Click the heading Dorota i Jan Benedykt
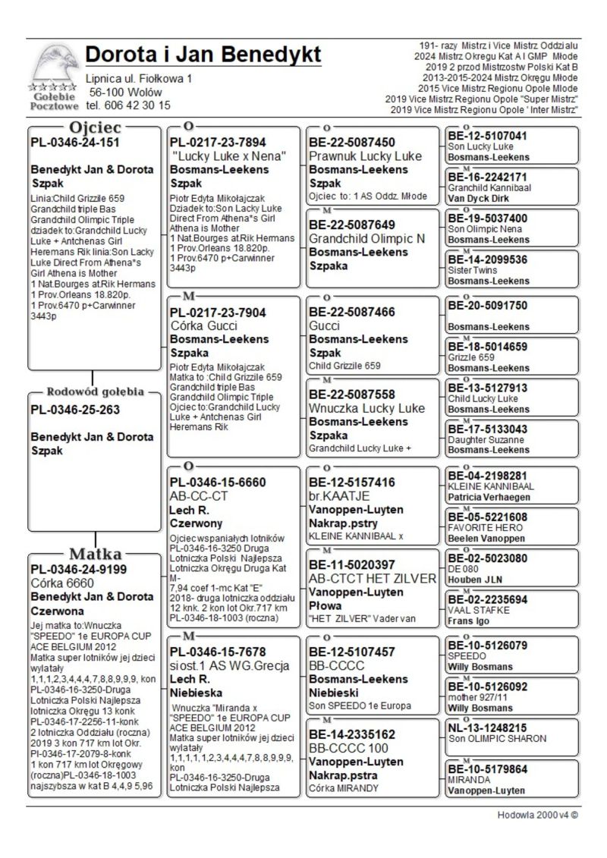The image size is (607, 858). coord(203,55)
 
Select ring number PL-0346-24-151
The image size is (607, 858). coord(75,142)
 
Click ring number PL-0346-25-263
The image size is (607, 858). coord(77,410)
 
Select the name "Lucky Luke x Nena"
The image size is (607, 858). coord(228,156)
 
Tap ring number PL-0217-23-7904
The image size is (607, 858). coord(219,311)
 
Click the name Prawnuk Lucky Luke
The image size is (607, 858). coord(365,156)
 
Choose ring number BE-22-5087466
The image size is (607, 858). coord(352,311)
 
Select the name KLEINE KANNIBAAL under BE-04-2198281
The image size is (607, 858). coord(486,486)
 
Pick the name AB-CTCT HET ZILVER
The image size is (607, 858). coord(373,578)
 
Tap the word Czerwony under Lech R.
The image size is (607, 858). coord(196,523)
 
